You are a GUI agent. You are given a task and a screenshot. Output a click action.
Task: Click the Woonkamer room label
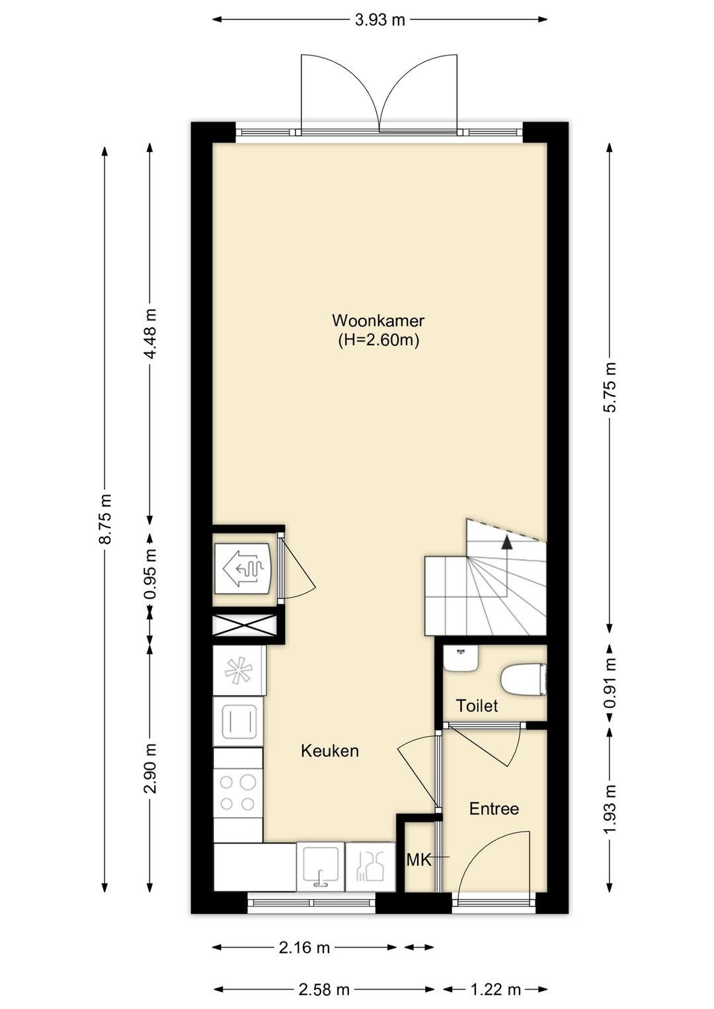378,321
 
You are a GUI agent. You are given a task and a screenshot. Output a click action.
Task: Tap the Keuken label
330,751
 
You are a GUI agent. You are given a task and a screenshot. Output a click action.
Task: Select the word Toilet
477,706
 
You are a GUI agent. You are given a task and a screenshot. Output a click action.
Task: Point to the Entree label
494,809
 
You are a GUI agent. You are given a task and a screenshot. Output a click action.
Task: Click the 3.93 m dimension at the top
379,20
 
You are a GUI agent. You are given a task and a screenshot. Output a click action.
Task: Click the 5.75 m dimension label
610,387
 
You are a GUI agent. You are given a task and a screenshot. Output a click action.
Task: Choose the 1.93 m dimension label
610,809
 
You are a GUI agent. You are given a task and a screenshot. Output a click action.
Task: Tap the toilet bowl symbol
523,680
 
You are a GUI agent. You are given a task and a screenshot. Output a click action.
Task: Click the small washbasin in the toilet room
461,659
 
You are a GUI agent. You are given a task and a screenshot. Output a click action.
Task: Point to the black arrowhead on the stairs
507,543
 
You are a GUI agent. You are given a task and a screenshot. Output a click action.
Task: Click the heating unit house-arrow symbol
243,568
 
